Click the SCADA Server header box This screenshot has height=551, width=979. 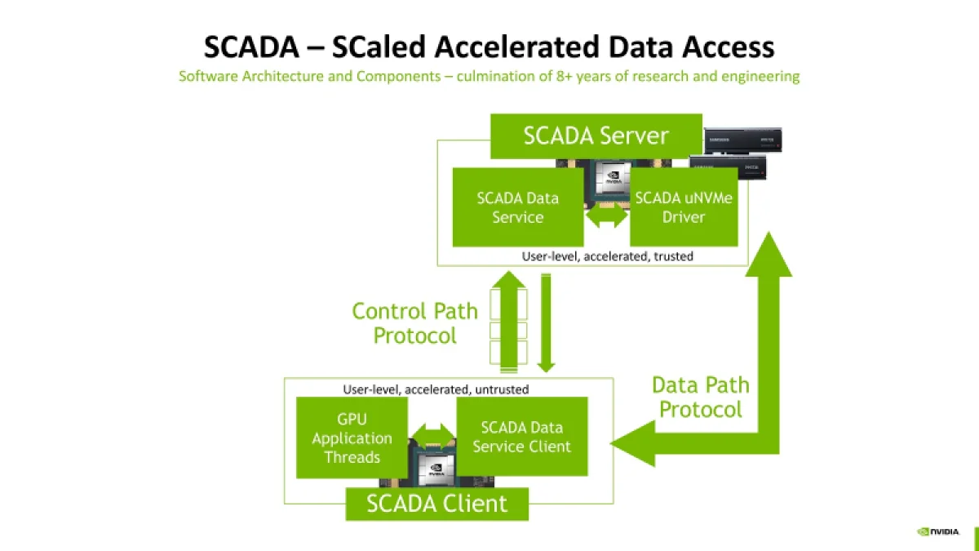tap(596, 136)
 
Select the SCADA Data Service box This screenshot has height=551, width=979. tap(518, 207)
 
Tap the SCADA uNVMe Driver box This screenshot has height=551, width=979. tap(684, 207)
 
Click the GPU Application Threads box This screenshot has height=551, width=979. tap(352, 438)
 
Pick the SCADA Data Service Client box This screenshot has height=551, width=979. tap(522, 437)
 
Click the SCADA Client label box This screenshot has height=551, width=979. tap(436, 504)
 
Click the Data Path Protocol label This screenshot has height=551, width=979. tap(700, 397)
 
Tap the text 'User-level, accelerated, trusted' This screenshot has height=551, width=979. tap(607, 256)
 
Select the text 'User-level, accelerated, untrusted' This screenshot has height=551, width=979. tap(436, 389)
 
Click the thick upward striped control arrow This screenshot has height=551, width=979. tap(508, 322)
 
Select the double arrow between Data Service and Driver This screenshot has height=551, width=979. tap(607, 219)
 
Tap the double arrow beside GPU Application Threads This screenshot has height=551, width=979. tap(433, 433)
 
